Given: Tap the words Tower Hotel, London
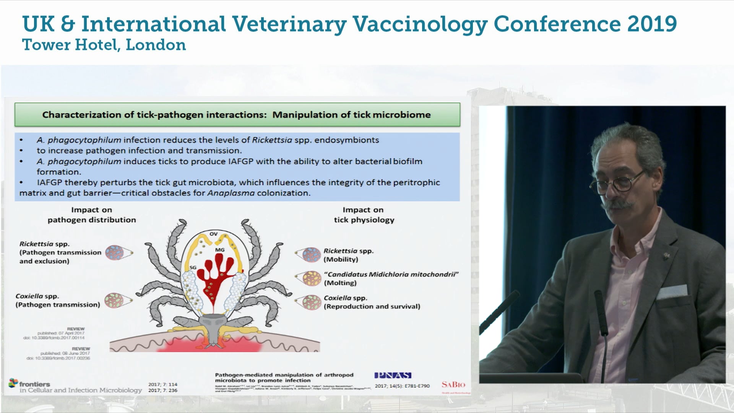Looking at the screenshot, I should (x=104, y=45).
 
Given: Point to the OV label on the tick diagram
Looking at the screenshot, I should (x=213, y=234).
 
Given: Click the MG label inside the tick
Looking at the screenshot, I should (x=220, y=250).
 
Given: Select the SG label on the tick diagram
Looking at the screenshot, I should (x=193, y=267).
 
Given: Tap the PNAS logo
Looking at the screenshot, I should (x=393, y=375).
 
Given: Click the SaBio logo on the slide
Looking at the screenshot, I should (x=453, y=384).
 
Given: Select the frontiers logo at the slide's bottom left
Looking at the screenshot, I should (x=30, y=383).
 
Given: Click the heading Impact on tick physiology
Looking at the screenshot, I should (x=364, y=215).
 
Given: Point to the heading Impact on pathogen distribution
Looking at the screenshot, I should (x=92, y=215).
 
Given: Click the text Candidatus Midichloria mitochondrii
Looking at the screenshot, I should (x=391, y=274).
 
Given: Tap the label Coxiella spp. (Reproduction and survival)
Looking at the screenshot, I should (x=372, y=302).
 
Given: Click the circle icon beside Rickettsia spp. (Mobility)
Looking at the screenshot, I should (x=311, y=255).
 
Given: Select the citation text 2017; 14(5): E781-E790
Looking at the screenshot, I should (x=402, y=386).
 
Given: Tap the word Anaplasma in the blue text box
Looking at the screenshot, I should (x=231, y=193).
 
